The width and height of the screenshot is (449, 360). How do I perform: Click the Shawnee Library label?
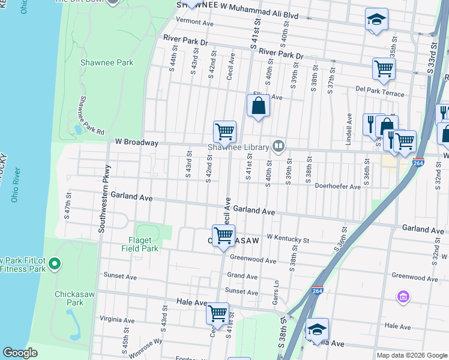click(x=238, y=146)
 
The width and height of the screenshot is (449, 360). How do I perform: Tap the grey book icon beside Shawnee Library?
click(x=279, y=145)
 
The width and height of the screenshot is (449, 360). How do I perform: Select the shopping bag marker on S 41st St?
click(x=258, y=106)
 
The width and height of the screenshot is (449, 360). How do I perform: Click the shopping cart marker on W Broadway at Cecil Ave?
click(x=224, y=131)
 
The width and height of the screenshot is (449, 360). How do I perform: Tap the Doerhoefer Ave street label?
click(x=337, y=187)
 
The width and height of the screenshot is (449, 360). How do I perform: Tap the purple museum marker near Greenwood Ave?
click(x=403, y=297)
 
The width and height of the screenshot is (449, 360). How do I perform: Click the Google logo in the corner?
click(x=20, y=352)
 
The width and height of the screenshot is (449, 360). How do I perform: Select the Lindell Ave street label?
click(x=349, y=129)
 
